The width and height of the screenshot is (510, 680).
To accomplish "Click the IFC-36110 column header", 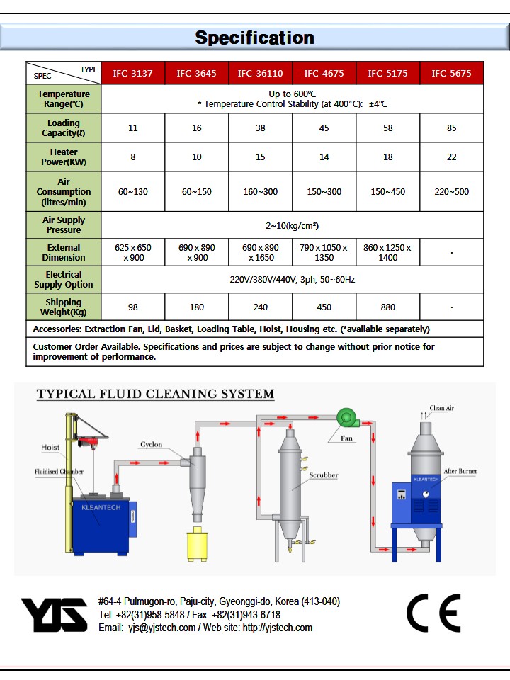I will point(260,73).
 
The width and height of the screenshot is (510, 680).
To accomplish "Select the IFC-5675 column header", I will point(451,73).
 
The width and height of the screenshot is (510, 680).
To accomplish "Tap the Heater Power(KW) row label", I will point(64,157).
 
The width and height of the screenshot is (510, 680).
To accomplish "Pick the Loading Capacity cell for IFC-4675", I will point(324,128).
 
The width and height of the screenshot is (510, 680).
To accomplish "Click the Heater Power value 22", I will point(451,157).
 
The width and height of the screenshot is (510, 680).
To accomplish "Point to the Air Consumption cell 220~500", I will point(451,191).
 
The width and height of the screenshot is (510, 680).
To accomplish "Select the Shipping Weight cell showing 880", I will point(387,307).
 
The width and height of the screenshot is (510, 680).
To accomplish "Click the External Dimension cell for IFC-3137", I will point(133,253).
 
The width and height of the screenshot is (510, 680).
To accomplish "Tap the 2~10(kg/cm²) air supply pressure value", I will point(293,226).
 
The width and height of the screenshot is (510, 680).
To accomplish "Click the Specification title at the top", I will point(254,38).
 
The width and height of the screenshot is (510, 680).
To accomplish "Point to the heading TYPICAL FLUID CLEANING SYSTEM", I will point(155,394).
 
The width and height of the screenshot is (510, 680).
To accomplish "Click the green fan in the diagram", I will point(346,418).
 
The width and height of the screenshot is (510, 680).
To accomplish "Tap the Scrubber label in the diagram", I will point(323,475).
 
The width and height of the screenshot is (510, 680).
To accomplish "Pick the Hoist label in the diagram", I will point(50,448).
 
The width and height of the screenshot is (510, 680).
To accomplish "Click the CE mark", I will point(433,613).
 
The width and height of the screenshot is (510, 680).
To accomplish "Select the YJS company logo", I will point(54,614).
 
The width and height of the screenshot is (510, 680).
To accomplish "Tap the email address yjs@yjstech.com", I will point(161,628).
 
